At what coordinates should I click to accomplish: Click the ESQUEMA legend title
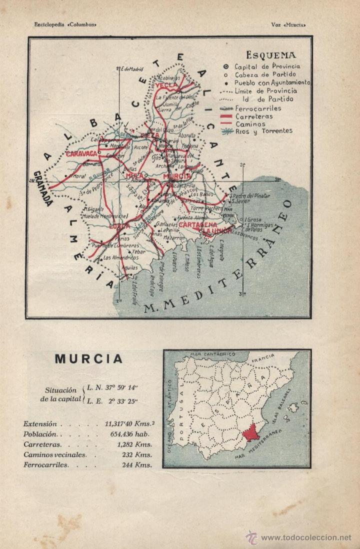tap(270, 55)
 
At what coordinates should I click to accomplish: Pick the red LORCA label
tap(119, 226)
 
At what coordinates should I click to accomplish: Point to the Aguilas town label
tap(128, 268)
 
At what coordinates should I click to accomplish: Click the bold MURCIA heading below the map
tap(88, 359)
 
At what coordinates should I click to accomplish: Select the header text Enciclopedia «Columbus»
tap(65, 23)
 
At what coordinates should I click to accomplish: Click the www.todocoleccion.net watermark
tap(306, 537)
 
